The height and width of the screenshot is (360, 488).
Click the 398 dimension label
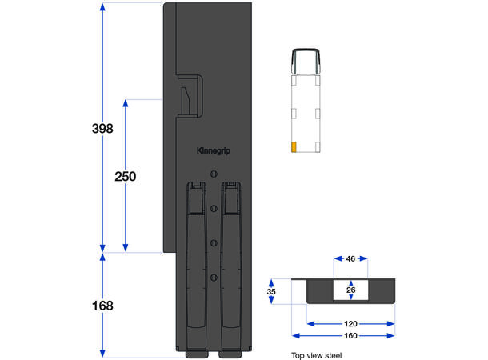point(102,128)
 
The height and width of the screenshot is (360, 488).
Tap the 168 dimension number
point(102,306)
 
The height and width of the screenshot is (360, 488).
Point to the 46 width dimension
point(350,259)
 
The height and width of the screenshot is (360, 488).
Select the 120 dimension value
point(350,324)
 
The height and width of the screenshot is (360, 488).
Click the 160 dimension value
point(350,336)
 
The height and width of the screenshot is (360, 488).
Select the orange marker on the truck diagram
point(294,147)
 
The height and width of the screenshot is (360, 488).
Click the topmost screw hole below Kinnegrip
point(214,174)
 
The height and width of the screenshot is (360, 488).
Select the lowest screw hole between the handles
point(214,277)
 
